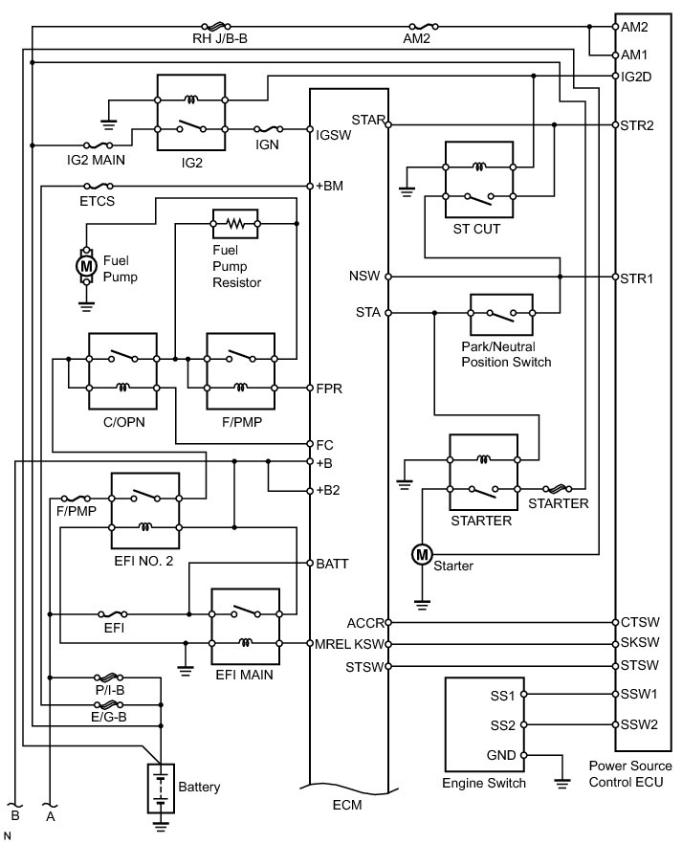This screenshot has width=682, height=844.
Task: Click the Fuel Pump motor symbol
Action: point(85,265)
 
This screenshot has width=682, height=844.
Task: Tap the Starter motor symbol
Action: point(422,554)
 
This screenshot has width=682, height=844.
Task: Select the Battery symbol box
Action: point(161,788)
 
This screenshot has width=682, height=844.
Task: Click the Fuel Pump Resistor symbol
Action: point(235,223)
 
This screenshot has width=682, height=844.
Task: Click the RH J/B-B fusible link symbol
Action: point(216,26)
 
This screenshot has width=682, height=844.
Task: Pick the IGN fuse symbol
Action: point(269,129)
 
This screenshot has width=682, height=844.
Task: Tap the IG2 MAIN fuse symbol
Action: point(99,145)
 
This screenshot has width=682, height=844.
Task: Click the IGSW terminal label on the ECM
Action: point(334,135)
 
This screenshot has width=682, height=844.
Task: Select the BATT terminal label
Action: point(333,564)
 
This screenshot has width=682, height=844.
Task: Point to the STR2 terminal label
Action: point(637,125)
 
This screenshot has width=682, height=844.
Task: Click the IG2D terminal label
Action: point(636,77)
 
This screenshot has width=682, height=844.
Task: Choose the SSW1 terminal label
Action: point(639,694)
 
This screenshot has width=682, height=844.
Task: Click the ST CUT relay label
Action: point(476,229)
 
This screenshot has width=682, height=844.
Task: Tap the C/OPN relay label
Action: point(124,422)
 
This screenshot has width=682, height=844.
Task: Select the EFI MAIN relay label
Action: point(244,675)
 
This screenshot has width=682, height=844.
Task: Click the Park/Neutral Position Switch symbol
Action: point(501,314)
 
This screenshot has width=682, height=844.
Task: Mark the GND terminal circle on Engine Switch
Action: point(524,755)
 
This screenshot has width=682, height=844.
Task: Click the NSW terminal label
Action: point(364,276)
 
